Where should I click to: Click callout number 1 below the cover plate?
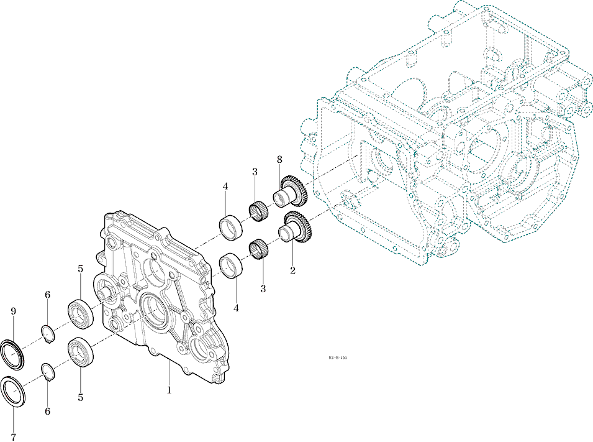168,390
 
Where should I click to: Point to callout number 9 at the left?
13,311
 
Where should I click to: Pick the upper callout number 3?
255,172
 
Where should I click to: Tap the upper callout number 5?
80,269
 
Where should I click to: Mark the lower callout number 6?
47,411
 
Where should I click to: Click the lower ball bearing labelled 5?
81,354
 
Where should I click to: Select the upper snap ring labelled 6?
49,333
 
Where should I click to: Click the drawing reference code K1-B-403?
338,358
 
